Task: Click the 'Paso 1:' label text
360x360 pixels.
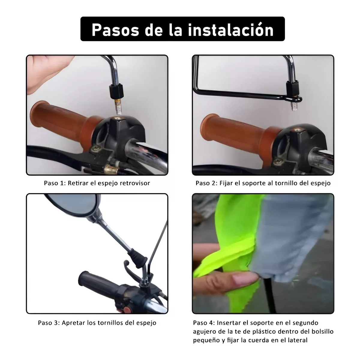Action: click(55, 183)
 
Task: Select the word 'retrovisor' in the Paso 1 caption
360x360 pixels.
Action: click(135, 183)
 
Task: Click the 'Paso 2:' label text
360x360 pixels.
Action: click(206, 183)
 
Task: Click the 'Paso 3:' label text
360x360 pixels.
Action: click(49, 323)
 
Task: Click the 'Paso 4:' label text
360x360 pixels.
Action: click(204, 323)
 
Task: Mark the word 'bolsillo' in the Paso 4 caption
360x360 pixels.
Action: click(322, 331)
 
